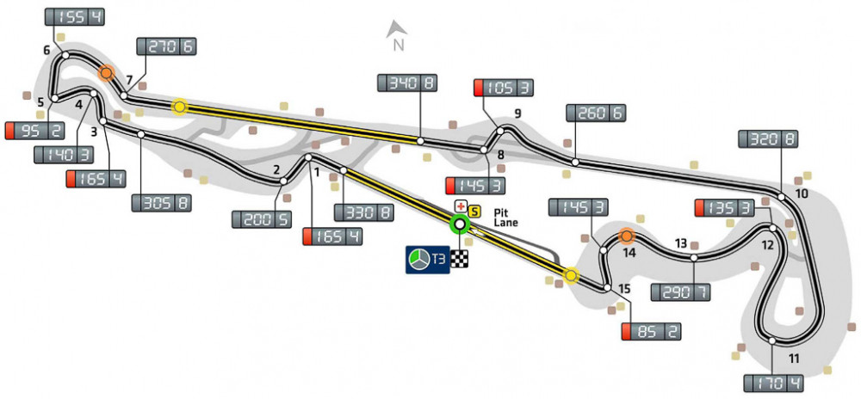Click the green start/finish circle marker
(x=460, y=225)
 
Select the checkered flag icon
(x=461, y=258)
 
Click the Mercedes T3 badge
(x=428, y=259)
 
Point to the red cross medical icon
(x=460, y=207)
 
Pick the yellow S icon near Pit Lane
(x=473, y=209)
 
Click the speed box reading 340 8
(x=408, y=83)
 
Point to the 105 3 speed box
(x=503, y=88)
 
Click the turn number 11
(x=794, y=359)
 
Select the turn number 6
(x=47, y=51)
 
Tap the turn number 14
(x=629, y=254)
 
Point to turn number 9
(x=518, y=114)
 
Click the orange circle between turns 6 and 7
(x=107, y=73)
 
